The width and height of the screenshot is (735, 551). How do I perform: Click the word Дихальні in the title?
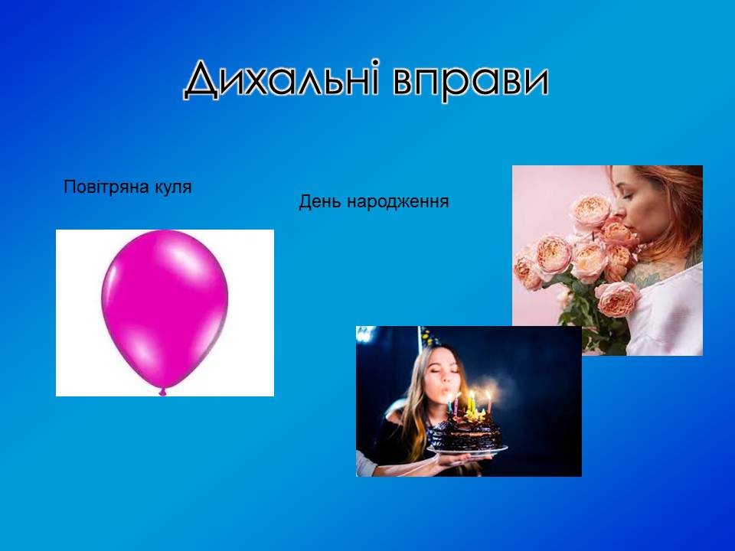281,79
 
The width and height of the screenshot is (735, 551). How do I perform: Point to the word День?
320,201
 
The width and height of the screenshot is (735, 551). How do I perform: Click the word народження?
397,202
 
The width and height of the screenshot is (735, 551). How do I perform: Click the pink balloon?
165,310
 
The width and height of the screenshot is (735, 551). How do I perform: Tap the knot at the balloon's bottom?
162,392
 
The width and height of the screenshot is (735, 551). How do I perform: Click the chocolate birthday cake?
466,430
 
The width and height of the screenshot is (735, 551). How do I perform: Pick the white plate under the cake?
467,450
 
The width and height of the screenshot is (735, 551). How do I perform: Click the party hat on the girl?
429,337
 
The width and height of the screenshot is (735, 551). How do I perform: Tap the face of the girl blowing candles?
443,373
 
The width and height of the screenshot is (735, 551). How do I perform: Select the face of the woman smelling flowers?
634,197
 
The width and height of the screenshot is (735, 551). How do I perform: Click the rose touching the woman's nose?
593,211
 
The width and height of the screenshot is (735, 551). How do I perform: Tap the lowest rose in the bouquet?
617,299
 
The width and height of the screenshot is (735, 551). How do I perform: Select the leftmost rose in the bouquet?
527,272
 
